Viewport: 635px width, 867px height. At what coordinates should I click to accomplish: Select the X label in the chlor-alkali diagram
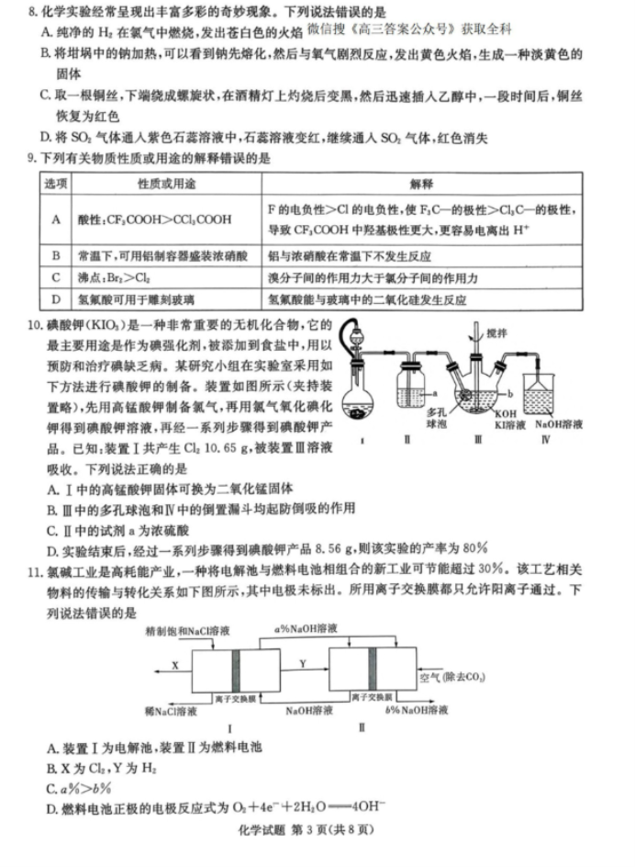[x=173, y=661]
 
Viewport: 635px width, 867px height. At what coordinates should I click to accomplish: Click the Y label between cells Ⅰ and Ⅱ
[x=303, y=661]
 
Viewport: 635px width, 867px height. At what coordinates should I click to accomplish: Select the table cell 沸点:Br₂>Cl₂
[x=117, y=276]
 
